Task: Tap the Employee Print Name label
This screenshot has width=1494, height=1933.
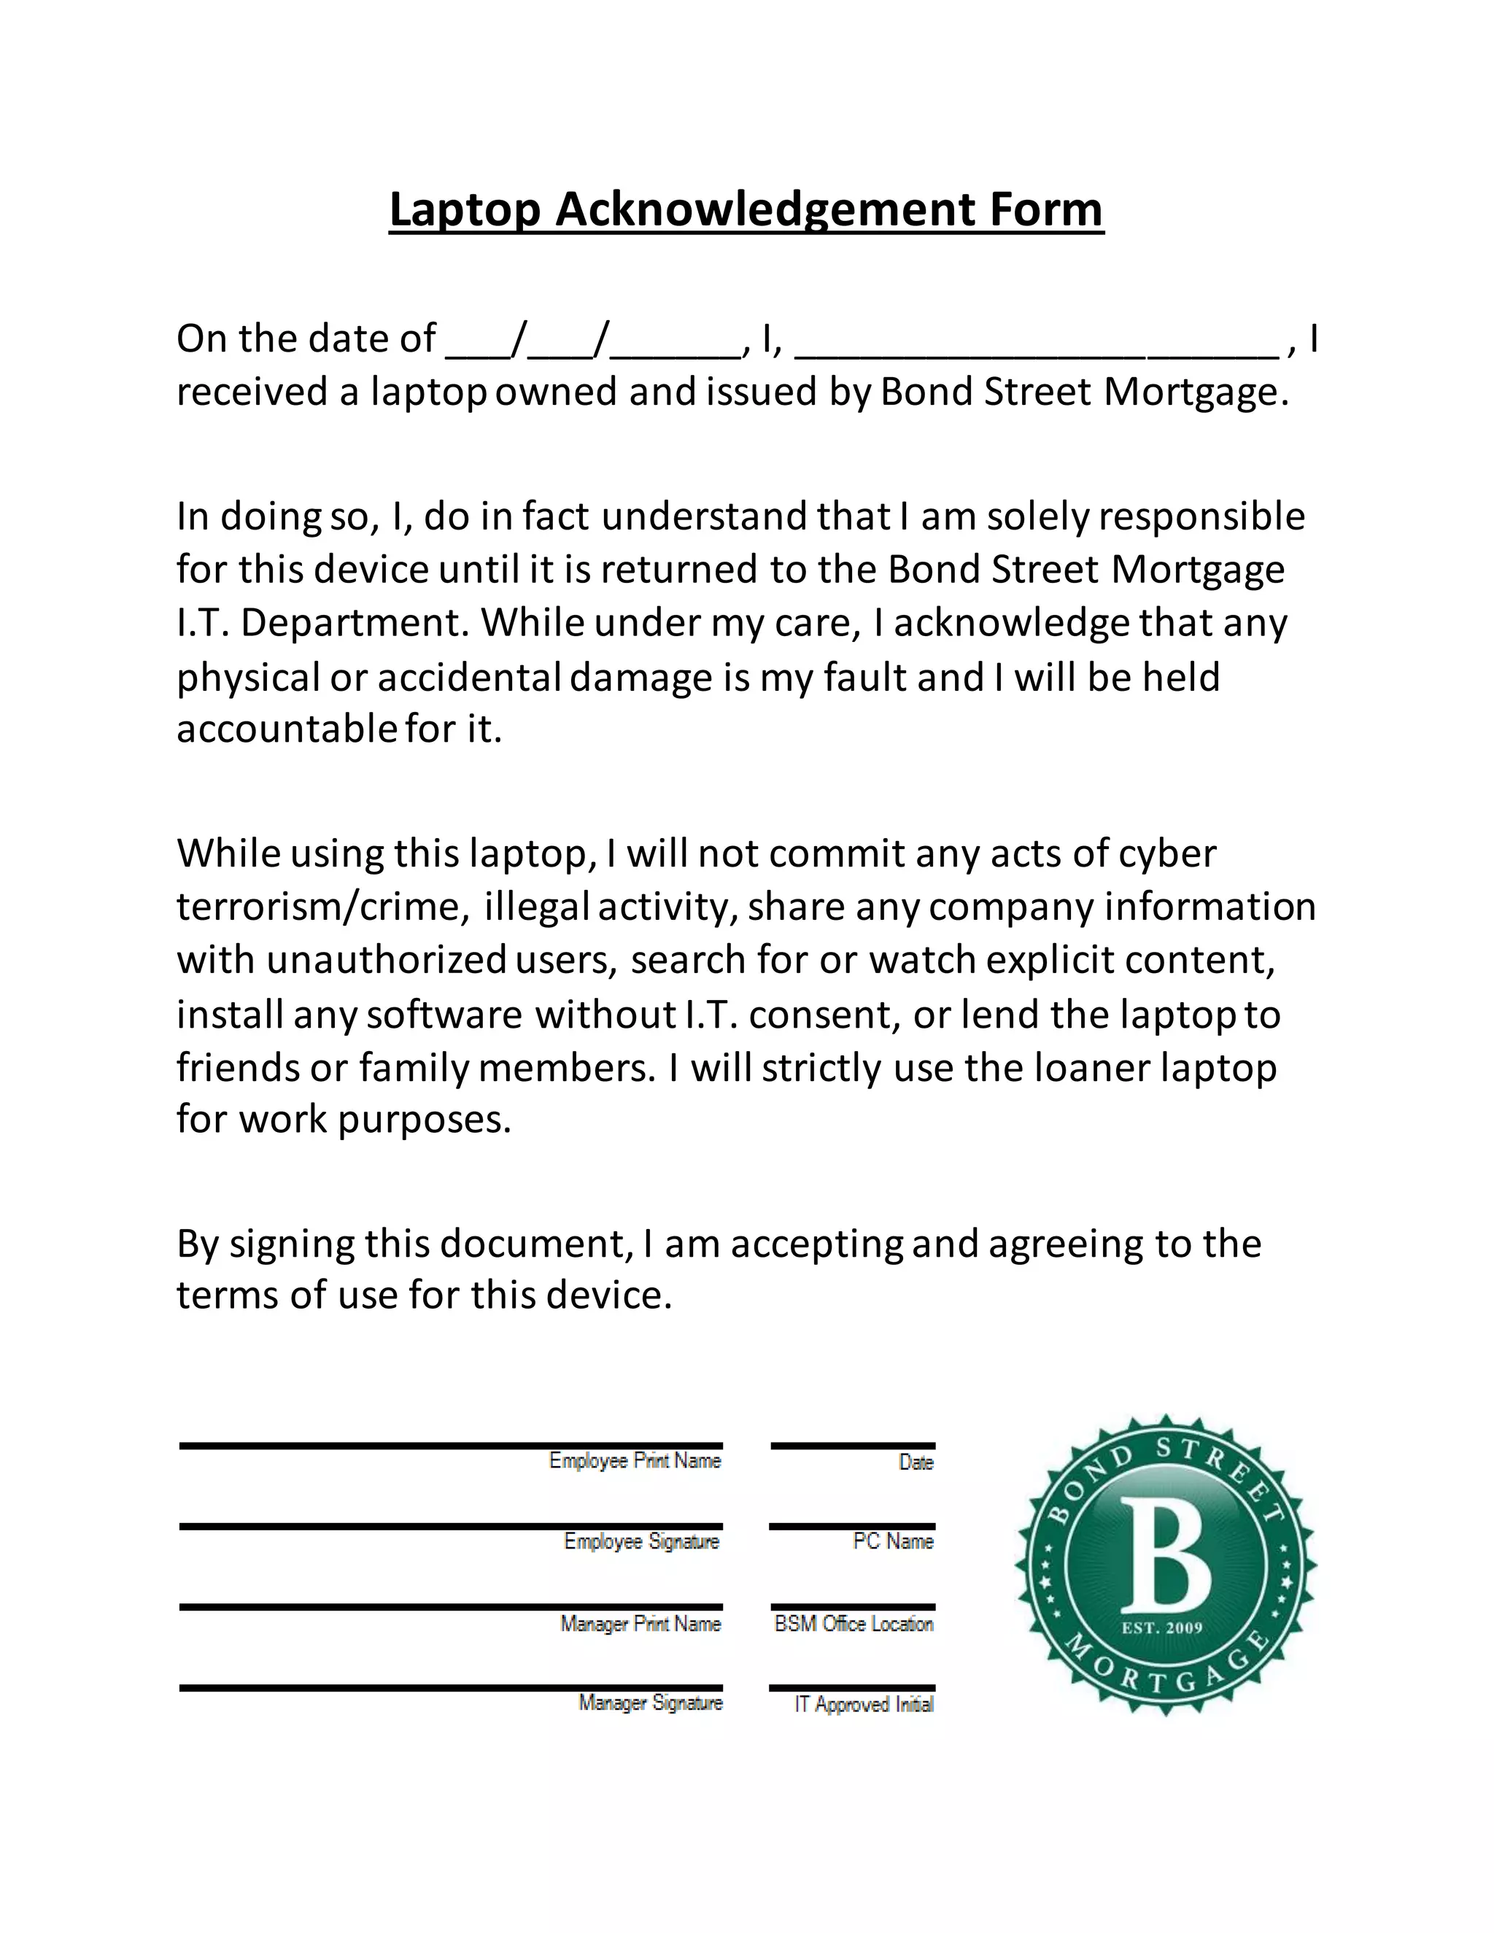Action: (635, 1460)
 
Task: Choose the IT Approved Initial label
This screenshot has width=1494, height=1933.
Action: (864, 1704)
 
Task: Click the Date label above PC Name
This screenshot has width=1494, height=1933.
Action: (916, 1462)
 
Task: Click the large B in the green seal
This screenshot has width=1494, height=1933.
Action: (1166, 1557)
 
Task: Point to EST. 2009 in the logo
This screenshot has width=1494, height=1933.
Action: (1162, 1627)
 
